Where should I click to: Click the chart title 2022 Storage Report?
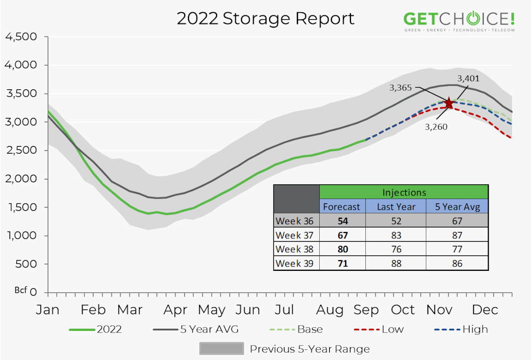tap(265, 19)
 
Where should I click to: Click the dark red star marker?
tap(449, 103)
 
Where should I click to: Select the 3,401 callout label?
tap(469, 79)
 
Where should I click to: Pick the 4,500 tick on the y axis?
tap(21, 37)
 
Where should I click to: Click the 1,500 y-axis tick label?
tap(21, 208)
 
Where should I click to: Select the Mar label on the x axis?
tap(130, 310)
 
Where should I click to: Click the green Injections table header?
tap(404, 192)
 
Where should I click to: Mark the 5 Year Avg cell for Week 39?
tap(457, 263)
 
